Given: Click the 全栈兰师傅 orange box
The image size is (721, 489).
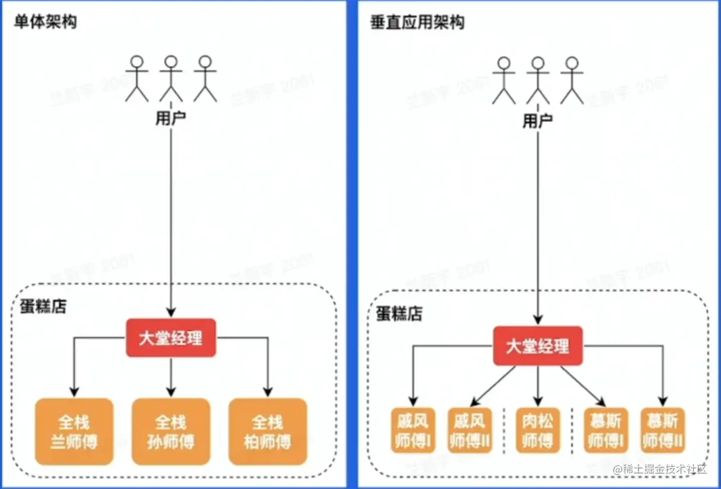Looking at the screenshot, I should tap(74, 431).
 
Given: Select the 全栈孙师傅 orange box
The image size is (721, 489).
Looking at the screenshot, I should tap(171, 431).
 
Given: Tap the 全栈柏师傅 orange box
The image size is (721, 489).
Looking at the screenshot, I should tap(268, 431).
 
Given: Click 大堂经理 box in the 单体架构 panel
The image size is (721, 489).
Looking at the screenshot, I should tap(171, 338).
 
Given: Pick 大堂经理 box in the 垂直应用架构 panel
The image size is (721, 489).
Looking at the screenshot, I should tap(538, 346).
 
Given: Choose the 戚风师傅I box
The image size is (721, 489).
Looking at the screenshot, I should tap(412, 430).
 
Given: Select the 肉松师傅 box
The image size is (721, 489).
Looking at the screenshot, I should tap(538, 430).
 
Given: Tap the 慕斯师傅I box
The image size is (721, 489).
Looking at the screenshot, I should tap(606, 430).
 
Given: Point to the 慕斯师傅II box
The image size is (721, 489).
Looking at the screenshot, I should tap(663, 430).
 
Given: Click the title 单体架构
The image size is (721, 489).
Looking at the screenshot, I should tap(45, 22).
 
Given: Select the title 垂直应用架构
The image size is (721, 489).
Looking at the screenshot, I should tap(417, 22).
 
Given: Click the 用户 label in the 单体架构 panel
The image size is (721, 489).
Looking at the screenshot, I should tap(171, 118).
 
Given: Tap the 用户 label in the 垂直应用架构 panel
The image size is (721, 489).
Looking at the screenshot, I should tap(538, 121).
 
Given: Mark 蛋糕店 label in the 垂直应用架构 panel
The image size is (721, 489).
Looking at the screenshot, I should tap(400, 313).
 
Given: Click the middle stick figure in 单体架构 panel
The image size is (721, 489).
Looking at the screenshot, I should tap(171, 78).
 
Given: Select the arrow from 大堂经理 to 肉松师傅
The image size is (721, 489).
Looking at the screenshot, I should tap(538, 385).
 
